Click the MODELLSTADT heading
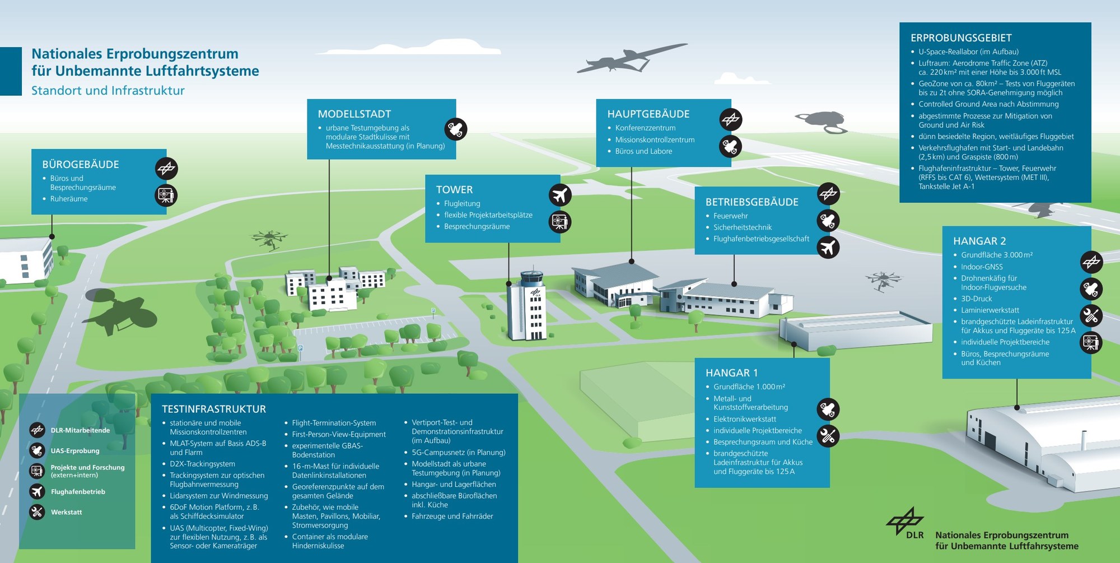[x=354, y=114]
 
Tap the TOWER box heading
[x=454, y=189]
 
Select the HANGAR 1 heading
[x=731, y=373]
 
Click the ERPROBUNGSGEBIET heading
[x=961, y=38]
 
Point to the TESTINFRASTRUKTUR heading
[x=214, y=409]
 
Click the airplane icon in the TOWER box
[x=559, y=195]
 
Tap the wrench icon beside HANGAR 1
[x=828, y=435]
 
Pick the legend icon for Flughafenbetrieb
[x=37, y=491]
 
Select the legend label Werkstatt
[x=66, y=512]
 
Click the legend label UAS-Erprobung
[x=75, y=450]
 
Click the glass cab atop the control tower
[x=531, y=277]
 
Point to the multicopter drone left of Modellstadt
[x=269, y=239]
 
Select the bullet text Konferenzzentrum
[x=645, y=128]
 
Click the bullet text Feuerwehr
[x=730, y=216]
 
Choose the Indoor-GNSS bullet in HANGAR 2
[x=982, y=267]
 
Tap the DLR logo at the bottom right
[x=904, y=522]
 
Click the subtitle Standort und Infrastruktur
[x=108, y=90]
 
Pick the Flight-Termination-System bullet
[x=334, y=423]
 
